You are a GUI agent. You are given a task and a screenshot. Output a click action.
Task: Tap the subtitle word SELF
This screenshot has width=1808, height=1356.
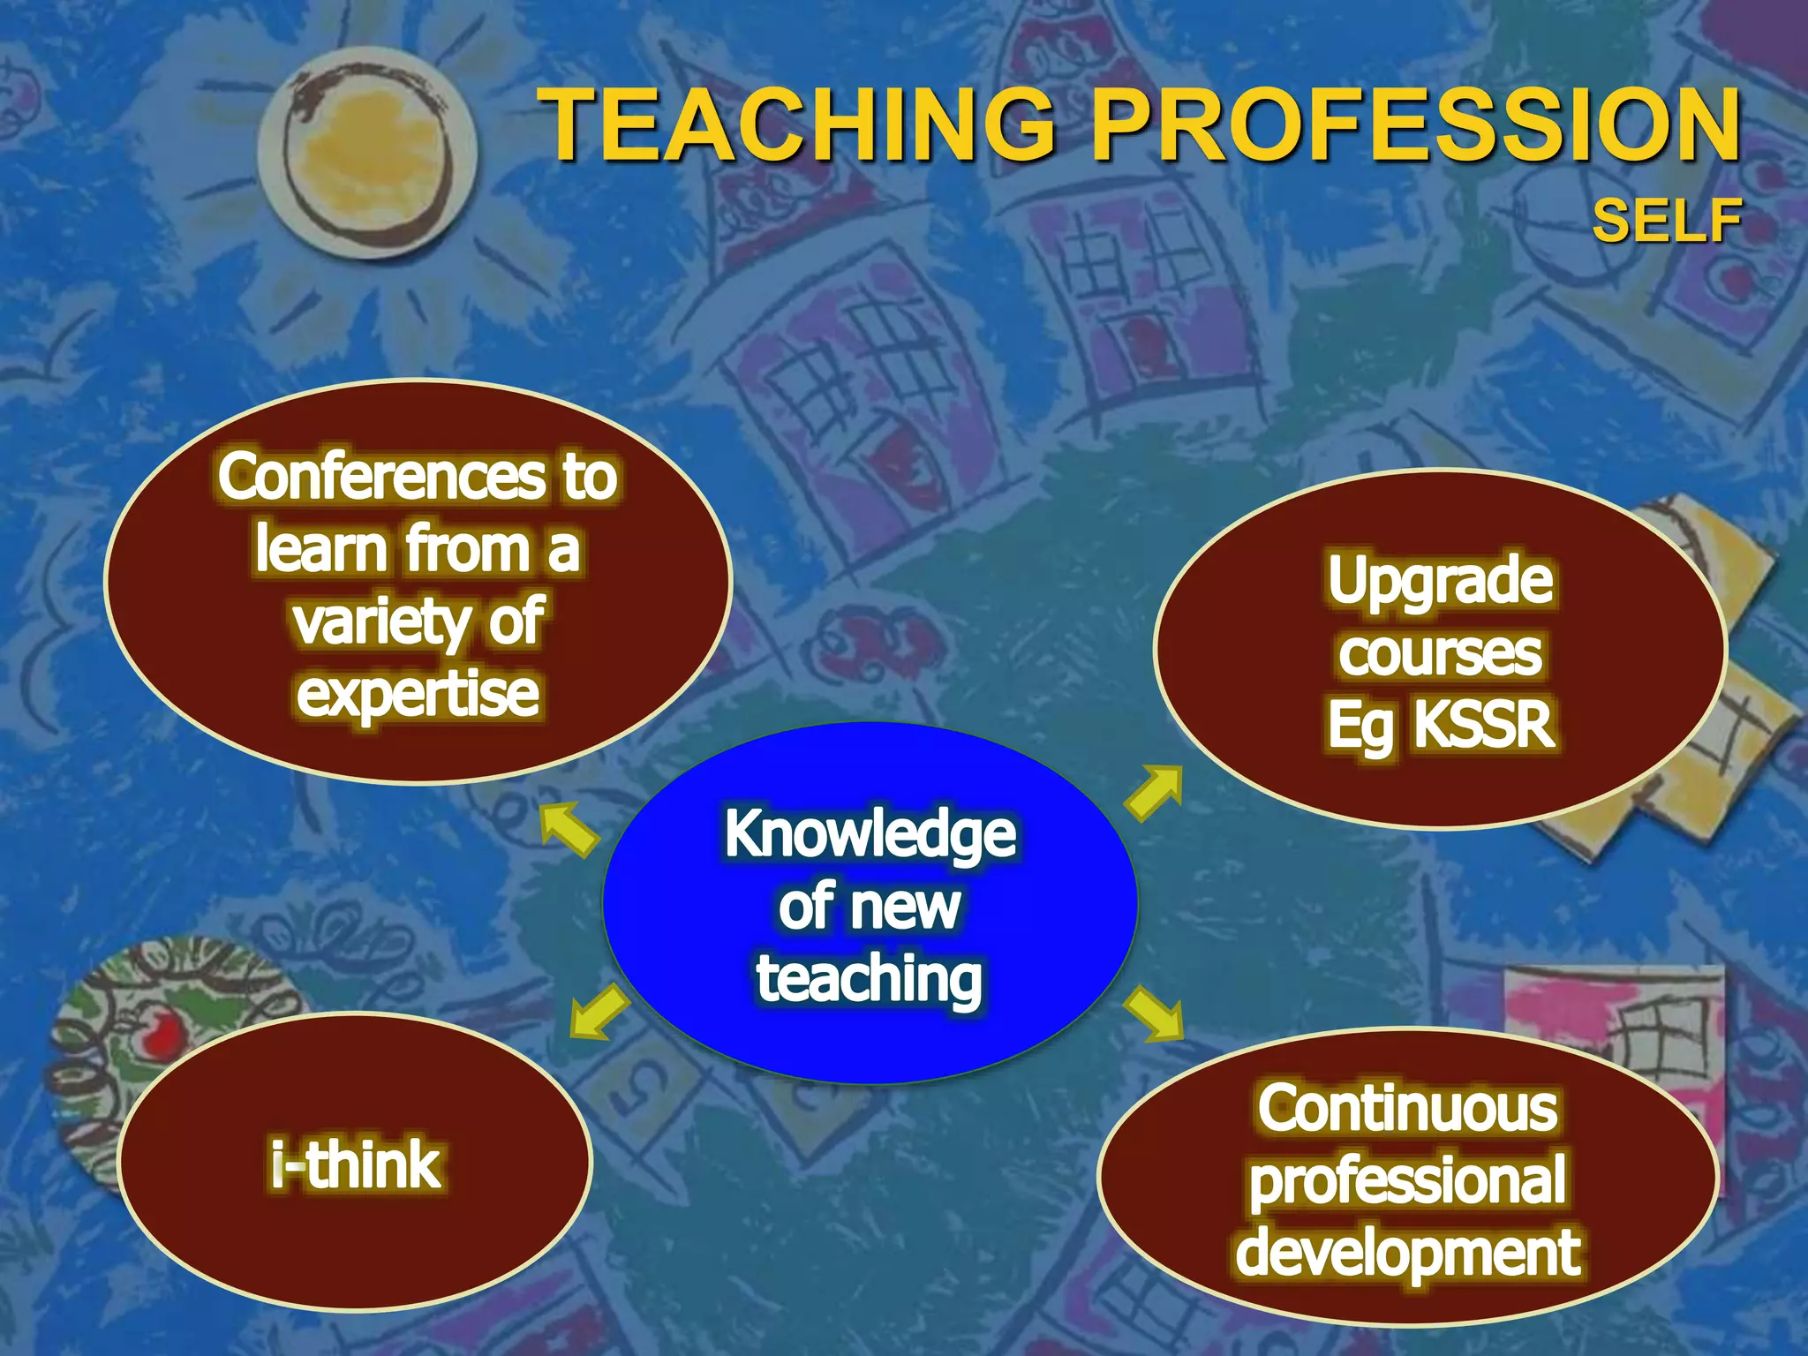pos(1667,221)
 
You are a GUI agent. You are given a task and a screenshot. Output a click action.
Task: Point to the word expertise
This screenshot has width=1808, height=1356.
pos(418,694)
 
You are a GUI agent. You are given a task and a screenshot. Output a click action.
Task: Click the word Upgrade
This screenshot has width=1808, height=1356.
pos(1440,581)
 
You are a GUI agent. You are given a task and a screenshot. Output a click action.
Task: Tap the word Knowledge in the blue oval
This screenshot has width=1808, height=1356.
pos(870,834)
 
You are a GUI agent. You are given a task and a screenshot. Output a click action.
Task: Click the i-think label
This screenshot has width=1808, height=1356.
pos(356,1165)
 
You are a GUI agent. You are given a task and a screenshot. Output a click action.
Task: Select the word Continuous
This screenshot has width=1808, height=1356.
pos(1407,1109)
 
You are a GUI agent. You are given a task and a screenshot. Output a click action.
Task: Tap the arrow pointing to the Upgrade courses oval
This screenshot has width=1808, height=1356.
pos(1155,792)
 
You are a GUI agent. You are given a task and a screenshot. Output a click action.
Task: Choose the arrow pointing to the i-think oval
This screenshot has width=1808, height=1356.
pos(599,1012)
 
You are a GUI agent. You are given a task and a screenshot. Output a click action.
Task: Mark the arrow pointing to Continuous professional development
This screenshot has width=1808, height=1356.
pos(1154,1013)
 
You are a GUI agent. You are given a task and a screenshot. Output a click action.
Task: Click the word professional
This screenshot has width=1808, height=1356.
pos(1407,1181)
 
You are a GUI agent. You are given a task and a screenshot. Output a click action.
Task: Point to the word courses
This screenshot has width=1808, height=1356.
pos(1440,654)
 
